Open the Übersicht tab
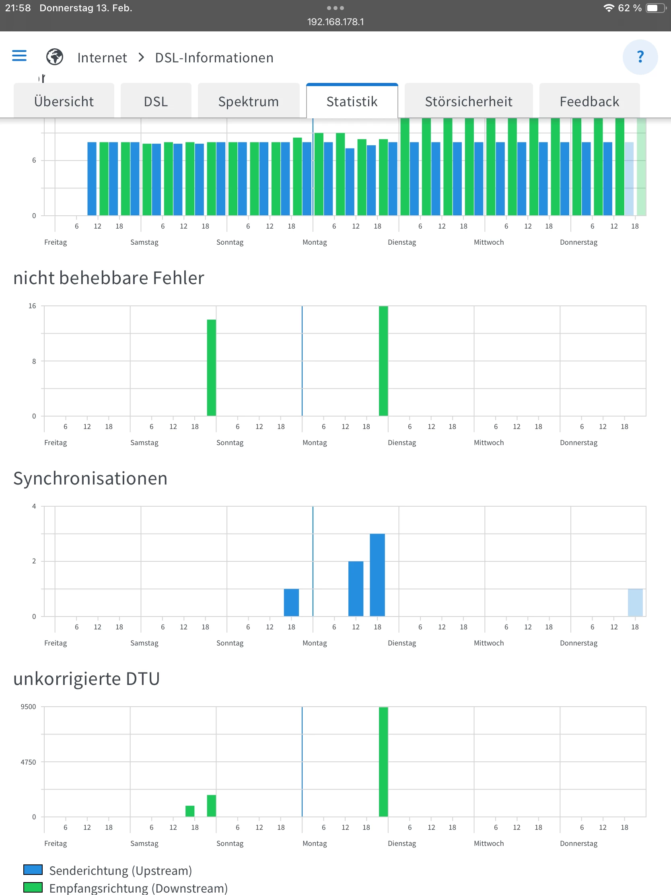64,101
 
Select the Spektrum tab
248,101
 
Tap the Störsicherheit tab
468,101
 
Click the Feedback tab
589,101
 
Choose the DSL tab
156,101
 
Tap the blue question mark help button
640,57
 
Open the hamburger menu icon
19,56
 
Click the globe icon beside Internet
55,57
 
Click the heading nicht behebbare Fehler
109,278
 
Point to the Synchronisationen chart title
90,478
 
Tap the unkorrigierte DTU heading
86,678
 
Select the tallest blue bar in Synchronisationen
377,575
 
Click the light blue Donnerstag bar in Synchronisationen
635,602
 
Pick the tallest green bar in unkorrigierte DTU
383,761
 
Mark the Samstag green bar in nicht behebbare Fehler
211,367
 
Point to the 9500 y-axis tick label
28,706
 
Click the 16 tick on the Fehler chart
32,306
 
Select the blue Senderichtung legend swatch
33,870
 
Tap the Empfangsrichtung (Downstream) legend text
138,888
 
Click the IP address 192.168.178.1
335,22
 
